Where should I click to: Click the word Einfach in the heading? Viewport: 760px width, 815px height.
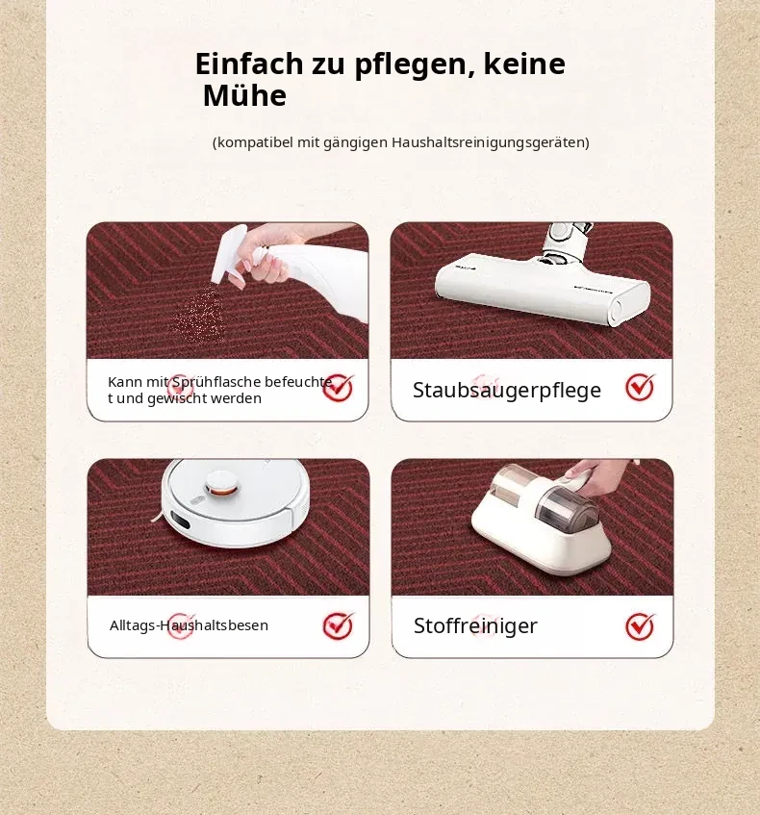tap(249, 64)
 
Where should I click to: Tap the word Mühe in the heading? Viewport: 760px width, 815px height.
tap(244, 95)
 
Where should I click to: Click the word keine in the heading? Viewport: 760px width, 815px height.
tap(524, 64)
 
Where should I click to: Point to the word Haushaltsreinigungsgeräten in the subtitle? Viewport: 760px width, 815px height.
tap(491, 142)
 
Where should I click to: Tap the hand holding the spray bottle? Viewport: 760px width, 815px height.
tap(267, 256)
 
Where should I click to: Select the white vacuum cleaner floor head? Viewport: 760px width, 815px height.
tap(543, 288)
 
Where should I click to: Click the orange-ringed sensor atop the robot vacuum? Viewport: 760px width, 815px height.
tap(223, 483)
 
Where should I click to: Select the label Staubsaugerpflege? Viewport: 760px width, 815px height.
tap(507, 391)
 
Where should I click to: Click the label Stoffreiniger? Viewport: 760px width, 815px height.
tap(475, 625)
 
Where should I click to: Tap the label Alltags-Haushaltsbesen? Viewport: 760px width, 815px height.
tap(189, 625)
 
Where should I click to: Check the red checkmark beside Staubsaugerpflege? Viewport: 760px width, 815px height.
tap(640, 387)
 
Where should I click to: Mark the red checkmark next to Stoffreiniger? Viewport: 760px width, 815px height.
tap(640, 626)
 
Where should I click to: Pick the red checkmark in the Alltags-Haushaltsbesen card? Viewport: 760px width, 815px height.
tap(338, 625)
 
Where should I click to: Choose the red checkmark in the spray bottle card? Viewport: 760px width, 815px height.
tap(338, 388)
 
